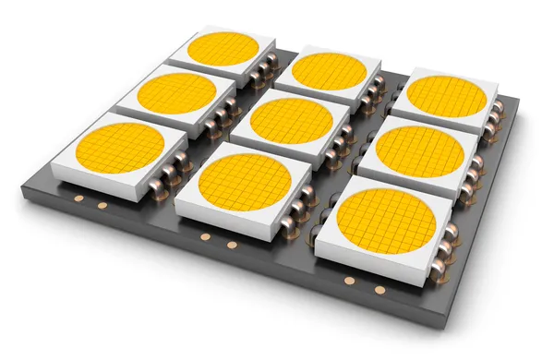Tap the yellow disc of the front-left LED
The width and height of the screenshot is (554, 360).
click(120, 150)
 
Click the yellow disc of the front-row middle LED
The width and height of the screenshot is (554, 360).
click(246, 181)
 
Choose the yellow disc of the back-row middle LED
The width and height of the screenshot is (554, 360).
click(325, 71)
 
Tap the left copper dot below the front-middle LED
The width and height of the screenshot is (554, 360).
click(202, 237)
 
